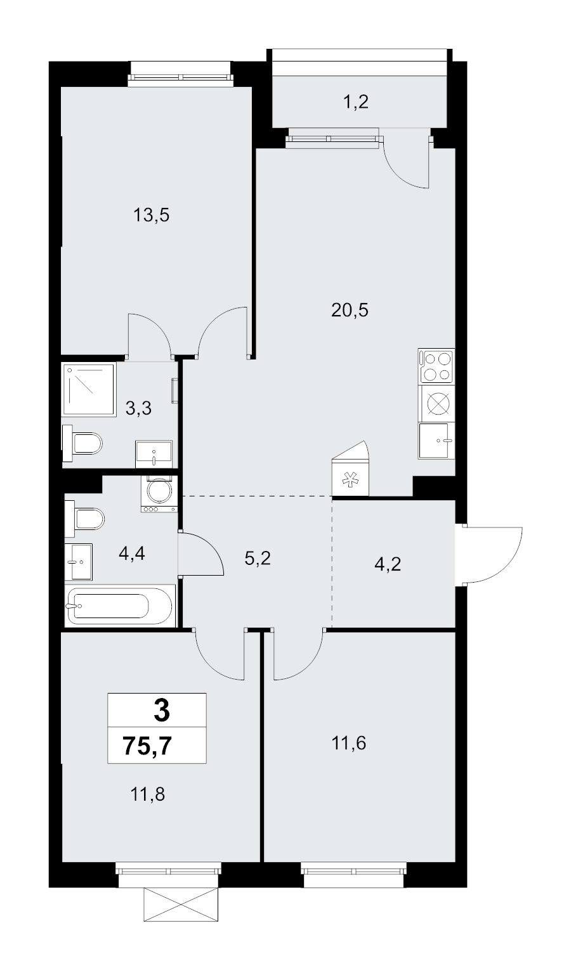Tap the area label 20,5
[350, 311]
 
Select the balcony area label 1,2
[356, 101]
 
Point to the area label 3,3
[138, 408]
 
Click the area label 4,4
[132, 554]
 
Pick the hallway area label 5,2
[258, 559]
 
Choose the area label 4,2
[387, 564]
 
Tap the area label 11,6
[349, 742]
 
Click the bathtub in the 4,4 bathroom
[119, 605]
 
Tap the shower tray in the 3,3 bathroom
[89, 390]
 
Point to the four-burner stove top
[436, 366]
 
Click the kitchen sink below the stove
[436, 441]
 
